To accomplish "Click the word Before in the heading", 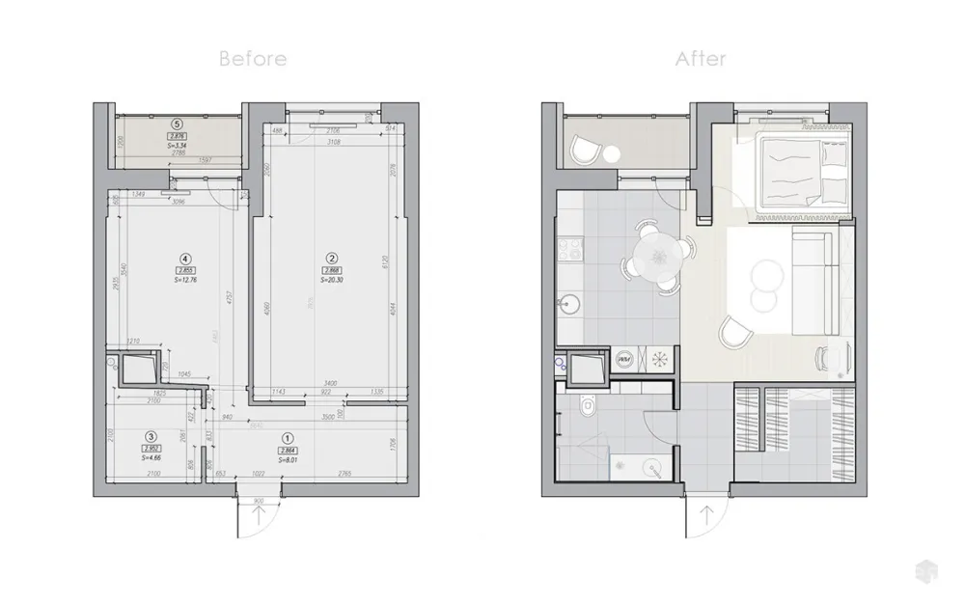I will pos(253,59).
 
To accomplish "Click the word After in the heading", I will pos(701,59).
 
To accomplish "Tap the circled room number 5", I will pos(176,123).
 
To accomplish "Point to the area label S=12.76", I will pos(185,281).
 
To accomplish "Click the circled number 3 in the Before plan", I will pos(151,436).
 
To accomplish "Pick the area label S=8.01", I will pos(288,461).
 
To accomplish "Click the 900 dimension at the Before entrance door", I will pos(259,503).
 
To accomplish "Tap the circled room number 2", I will pos(331,258).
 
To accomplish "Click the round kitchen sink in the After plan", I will pos(569,305).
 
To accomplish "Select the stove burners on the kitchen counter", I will pos(566,249).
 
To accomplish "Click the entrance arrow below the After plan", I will pos(706,515).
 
